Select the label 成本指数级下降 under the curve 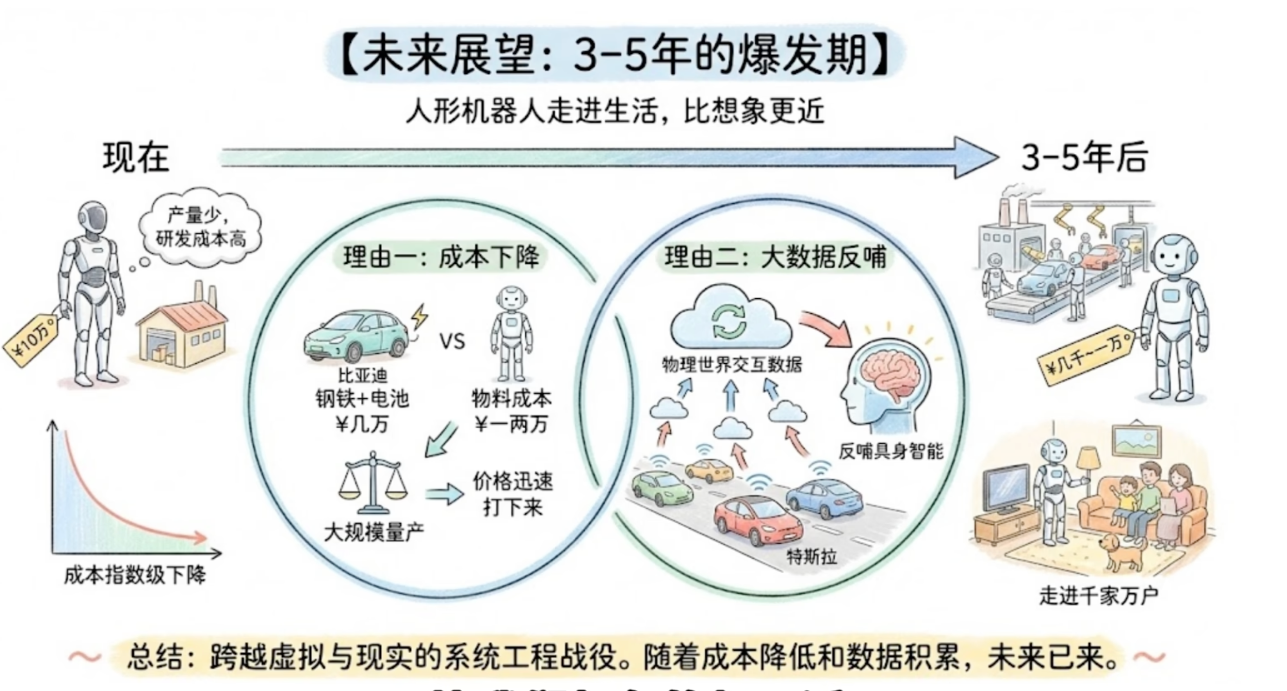pos(135,576)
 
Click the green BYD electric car pos(356,336)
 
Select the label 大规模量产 pos(374,532)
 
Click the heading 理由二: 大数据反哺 pos(775,258)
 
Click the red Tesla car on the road pos(757,522)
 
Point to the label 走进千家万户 pos(1099,596)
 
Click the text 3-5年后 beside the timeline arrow pos(1084,158)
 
